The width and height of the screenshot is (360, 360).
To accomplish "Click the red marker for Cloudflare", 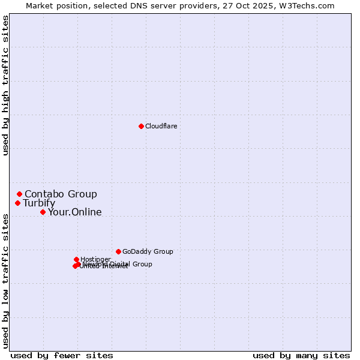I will (x=141, y=126).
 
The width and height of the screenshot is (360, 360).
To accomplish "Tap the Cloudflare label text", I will (x=161, y=126).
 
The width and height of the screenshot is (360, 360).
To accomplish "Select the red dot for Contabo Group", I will (x=20, y=194).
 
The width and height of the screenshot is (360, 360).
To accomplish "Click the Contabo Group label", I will (x=61, y=194).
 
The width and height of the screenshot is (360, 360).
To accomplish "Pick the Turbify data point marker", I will (x=18, y=203).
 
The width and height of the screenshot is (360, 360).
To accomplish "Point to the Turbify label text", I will (x=39, y=203).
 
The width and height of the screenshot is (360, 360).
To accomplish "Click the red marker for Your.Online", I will (x=43, y=212).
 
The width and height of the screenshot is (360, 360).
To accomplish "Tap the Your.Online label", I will (x=74, y=212).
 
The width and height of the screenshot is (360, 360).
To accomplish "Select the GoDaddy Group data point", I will (x=118, y=251).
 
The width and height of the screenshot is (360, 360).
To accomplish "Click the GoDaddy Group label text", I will (x=148, y=251).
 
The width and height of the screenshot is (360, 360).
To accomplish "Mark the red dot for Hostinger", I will (x=76, y=259).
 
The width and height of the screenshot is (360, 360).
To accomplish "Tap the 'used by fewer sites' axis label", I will (x=62, y=355).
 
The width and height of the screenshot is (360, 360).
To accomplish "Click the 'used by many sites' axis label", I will (x=301, y=355).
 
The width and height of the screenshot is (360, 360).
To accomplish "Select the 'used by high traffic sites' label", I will (x=6, y=85).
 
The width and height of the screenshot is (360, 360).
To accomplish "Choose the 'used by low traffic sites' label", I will (x=6, y=280).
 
